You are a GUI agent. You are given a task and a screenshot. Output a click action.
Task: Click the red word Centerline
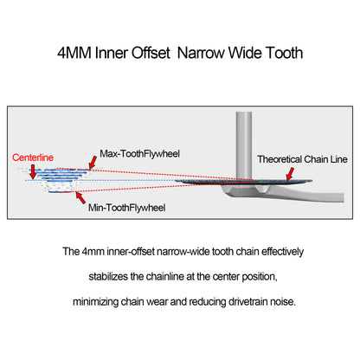point(33,157)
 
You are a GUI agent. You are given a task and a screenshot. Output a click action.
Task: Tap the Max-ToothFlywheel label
point(139,154)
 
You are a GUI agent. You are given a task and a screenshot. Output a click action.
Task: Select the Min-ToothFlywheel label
point(127,208)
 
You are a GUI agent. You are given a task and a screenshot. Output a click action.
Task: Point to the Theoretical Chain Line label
point(302,159)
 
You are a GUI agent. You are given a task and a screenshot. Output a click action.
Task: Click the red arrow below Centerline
point(33,172)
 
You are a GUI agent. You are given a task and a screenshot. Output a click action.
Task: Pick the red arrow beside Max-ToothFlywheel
point(93,163)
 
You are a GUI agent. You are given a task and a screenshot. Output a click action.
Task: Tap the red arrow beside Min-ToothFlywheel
point(80,198)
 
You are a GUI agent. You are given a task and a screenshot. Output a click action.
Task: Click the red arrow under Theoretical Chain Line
point(290,174)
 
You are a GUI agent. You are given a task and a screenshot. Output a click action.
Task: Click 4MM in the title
point(74,53)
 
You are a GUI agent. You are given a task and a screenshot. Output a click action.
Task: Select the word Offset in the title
point(151,53)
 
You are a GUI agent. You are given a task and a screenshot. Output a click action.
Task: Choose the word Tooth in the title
point(284,53)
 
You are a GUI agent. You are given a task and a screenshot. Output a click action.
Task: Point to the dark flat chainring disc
point(243,182)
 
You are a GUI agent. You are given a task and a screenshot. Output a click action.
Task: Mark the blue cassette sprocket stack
point(59,180)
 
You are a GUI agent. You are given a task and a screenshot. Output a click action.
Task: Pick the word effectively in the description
point(283,252)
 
